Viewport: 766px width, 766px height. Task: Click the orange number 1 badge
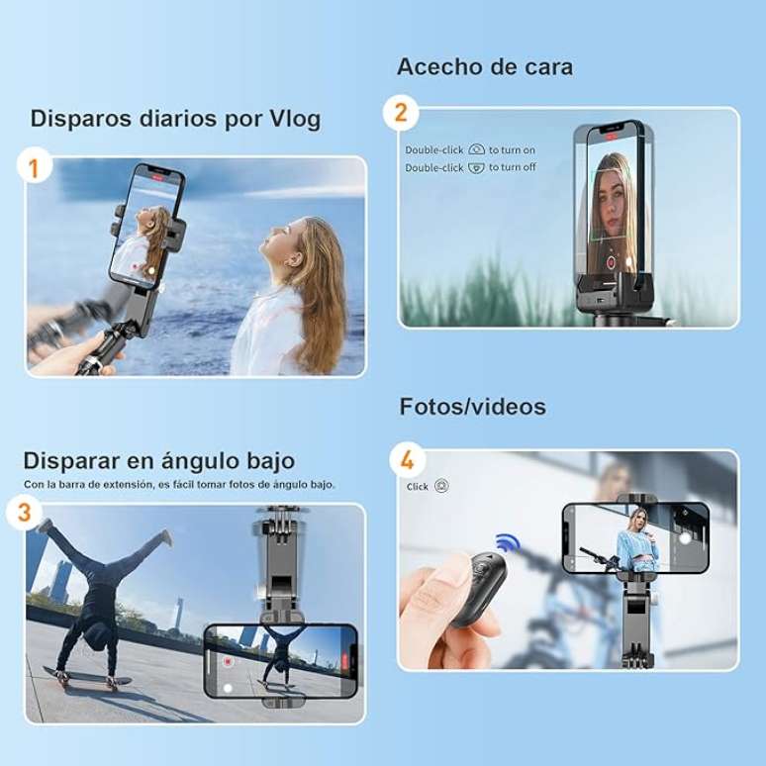pos(35,167)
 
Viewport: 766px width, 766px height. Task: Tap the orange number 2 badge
pos(401,112)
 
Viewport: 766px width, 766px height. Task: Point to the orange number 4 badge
pos(407,460)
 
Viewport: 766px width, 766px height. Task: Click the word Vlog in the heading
pos(295,119)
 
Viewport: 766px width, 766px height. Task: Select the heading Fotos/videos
pos(472,407)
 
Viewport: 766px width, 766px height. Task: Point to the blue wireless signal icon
pos(508,543)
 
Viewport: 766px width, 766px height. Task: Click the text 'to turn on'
pos(512,149)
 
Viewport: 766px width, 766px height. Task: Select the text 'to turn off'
pos(512,167)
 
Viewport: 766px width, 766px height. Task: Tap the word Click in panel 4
pos(418,487)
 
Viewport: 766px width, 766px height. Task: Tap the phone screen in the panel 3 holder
pos(278,660)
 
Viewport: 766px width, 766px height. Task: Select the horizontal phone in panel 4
pos(635,537)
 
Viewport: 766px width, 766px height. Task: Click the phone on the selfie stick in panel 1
pos(145,226)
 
